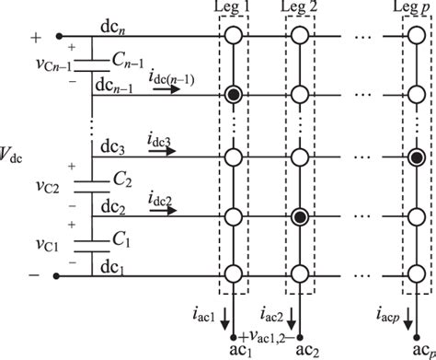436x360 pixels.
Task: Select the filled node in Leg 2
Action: coord(300,217)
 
